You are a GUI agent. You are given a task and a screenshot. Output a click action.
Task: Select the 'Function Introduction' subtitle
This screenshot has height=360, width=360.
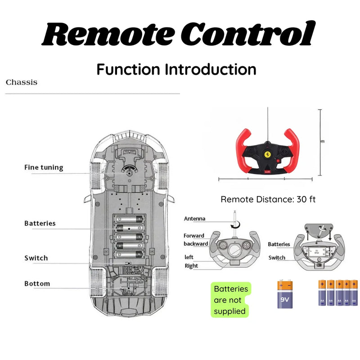[176, 70]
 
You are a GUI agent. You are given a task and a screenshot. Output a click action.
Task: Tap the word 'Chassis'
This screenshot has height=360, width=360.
[22, 82]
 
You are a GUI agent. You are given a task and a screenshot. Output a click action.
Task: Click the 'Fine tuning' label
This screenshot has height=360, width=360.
[44, 167]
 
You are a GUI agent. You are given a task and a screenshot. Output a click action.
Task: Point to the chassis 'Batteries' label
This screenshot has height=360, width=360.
[40, 223]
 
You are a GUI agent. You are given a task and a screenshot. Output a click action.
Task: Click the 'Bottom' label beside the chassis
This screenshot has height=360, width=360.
[37, 283]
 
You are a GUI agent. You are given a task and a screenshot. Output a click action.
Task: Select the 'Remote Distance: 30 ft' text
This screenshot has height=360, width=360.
[268, 199]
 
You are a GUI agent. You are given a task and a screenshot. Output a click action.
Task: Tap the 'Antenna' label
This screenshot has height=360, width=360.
[194, 219]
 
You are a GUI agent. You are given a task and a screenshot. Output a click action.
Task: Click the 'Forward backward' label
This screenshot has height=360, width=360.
[195, 239]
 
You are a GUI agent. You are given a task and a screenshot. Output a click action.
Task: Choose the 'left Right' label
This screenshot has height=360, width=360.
[191, 261]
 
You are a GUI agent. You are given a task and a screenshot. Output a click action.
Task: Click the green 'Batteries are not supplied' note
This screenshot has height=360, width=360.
[230, 300]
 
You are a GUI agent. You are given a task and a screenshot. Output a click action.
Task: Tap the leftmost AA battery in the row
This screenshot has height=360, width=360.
[322, 293]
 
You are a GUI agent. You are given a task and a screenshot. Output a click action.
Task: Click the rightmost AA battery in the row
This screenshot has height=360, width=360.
[354, 293]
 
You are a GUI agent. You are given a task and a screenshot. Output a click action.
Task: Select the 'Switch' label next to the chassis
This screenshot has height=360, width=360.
[36, 258]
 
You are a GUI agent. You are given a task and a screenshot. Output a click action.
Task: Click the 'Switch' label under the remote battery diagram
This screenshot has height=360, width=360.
[277, 258]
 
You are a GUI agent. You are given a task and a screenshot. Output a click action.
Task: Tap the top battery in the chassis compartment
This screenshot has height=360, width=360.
[129, 219]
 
